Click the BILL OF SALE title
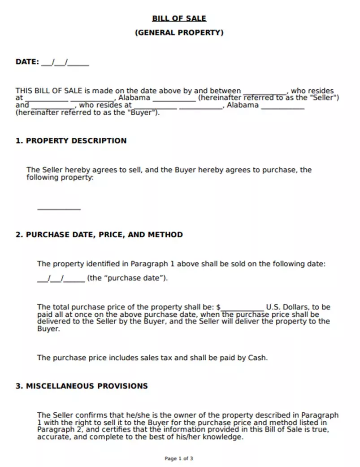(179, 18)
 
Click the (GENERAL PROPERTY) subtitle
(179, 32)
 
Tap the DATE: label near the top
(27, 62)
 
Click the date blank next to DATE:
(65, 63)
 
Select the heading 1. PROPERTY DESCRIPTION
(71, 140)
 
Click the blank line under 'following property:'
(59, 208)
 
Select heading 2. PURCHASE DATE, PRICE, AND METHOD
(99, 234)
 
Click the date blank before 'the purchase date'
(61, 279)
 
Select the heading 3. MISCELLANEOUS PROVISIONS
(82, 386)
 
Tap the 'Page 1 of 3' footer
(179, 458)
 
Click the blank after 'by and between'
(265, 92)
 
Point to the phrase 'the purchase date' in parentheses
(127, 278)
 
